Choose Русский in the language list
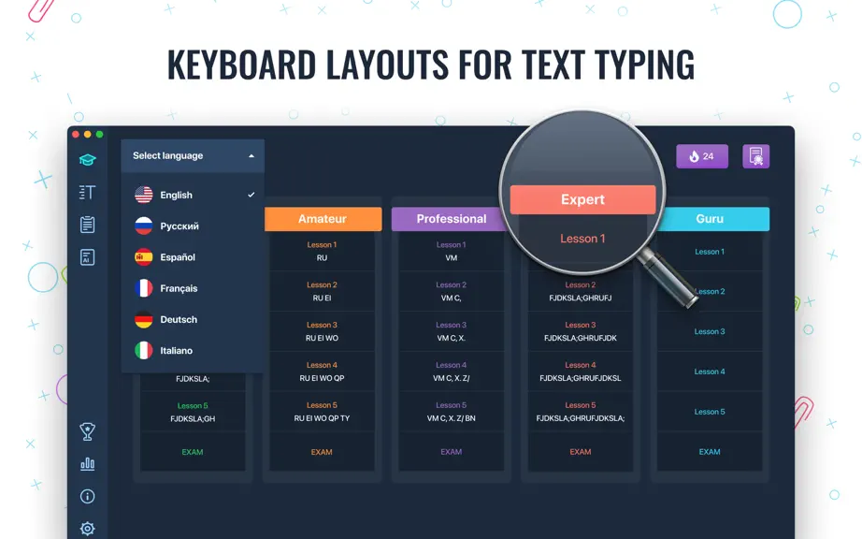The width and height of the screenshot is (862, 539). coord(180,226)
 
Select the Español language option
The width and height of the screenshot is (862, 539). coord(178,256)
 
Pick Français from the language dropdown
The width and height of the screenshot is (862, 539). coord(179,288)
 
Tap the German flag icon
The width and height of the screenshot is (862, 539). coord(143,319)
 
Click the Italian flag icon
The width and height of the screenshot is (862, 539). coord(143,350)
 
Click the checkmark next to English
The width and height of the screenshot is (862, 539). coord(251,195)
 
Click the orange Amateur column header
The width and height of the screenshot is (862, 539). coord(323,219)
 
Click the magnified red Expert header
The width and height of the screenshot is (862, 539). coord(582,199)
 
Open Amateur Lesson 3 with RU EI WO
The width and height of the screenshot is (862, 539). coord(323,331)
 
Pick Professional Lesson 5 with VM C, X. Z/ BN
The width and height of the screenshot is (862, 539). coord(452,412)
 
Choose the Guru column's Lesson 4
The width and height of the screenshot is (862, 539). coord(710,371)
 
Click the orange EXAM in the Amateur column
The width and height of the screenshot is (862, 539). coord(322,452)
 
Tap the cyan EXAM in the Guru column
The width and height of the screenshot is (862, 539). coord(710,452)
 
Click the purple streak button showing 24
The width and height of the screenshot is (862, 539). coord(702,156)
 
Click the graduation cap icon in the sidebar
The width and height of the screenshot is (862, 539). coord(87,159)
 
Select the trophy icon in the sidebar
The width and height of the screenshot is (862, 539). coord(87,431)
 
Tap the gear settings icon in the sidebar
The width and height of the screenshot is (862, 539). coord(87,529)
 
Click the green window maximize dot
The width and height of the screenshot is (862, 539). coord(99,134)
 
